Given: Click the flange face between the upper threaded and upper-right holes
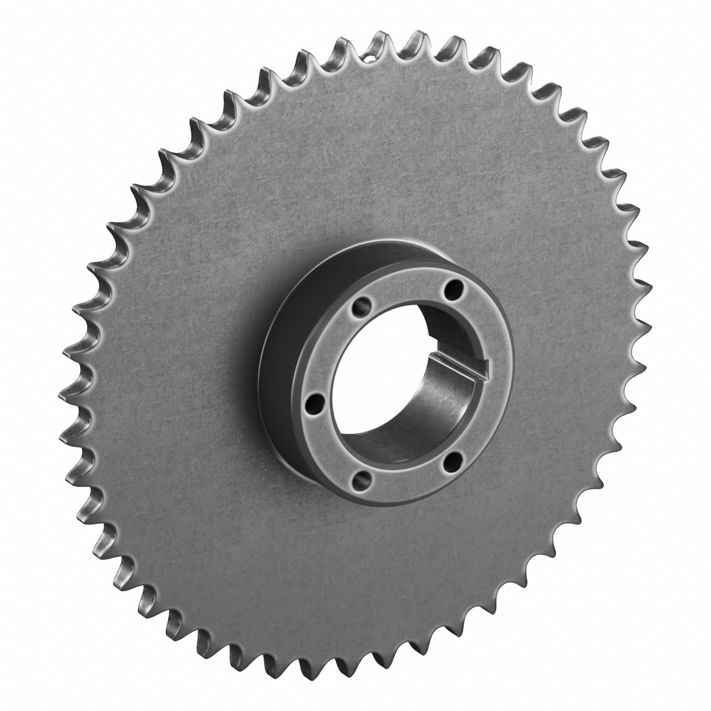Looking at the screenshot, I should (x=405, y=280).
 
